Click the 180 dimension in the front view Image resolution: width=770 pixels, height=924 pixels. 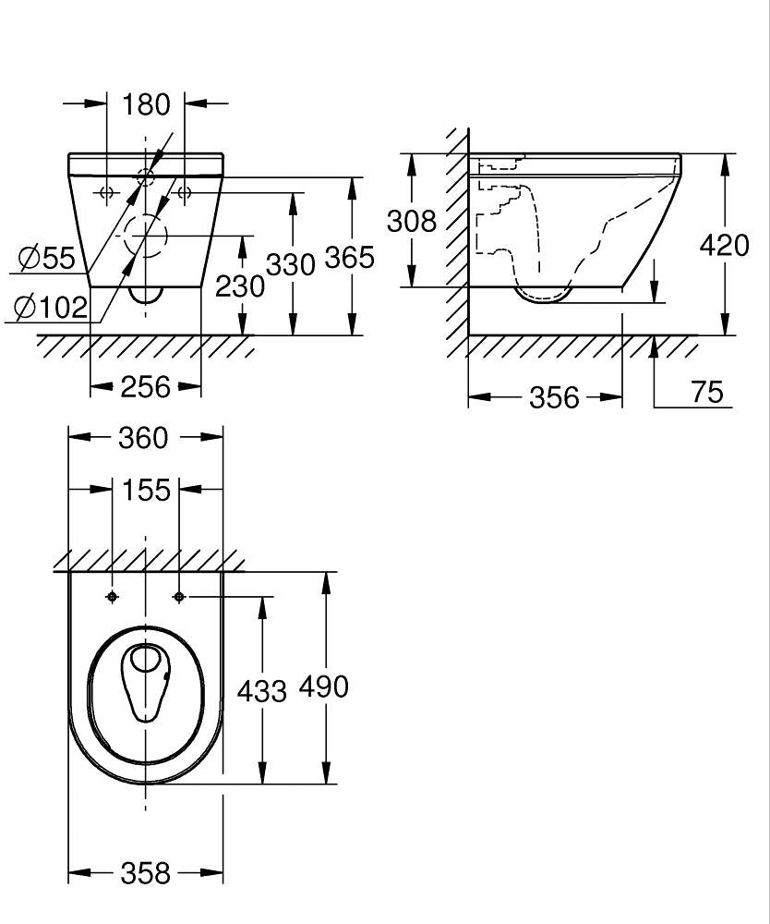point(146,104)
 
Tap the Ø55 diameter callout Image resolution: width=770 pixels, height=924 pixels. point(46,258)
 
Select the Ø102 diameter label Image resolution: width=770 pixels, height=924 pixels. point(51,307)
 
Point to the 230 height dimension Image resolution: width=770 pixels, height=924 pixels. point(240,286)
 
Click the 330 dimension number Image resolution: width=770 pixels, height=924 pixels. point(291,264)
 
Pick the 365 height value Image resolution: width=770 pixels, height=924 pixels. point(350,258)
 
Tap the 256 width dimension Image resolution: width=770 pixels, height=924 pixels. point(145,387)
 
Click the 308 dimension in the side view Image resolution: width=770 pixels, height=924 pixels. point(412,221)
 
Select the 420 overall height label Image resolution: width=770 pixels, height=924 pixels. point(724,245)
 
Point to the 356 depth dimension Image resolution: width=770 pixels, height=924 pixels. point(554,397)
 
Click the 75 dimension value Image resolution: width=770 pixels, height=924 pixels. point(707,392)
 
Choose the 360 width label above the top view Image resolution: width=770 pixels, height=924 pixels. point(143,438)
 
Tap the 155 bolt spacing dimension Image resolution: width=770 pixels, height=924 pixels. point(146,490)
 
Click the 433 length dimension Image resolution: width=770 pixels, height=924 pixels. point(261,690)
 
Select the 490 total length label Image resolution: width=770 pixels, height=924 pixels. point(324,687)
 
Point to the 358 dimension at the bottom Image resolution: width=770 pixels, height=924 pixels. point(145,873)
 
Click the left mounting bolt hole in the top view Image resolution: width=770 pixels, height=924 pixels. point(112,597)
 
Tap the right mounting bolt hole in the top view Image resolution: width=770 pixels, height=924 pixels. point(179,597)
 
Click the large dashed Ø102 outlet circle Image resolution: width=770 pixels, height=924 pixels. point(145,214)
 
